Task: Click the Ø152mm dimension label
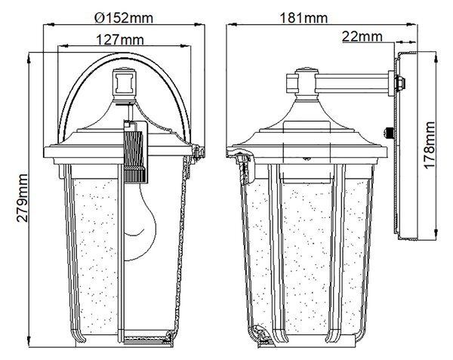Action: point(124,18)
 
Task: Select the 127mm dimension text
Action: point(119,39)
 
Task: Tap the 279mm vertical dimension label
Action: point(22,198)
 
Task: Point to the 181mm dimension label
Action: point(304,18)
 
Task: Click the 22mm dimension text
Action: point(362,37)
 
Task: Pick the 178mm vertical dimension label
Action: point(430,145)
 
